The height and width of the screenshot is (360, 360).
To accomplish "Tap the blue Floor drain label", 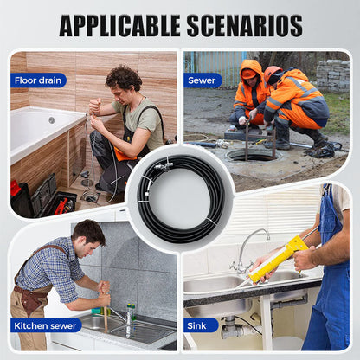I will point(38,80).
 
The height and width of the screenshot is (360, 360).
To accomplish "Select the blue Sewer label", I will point(202,80).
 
